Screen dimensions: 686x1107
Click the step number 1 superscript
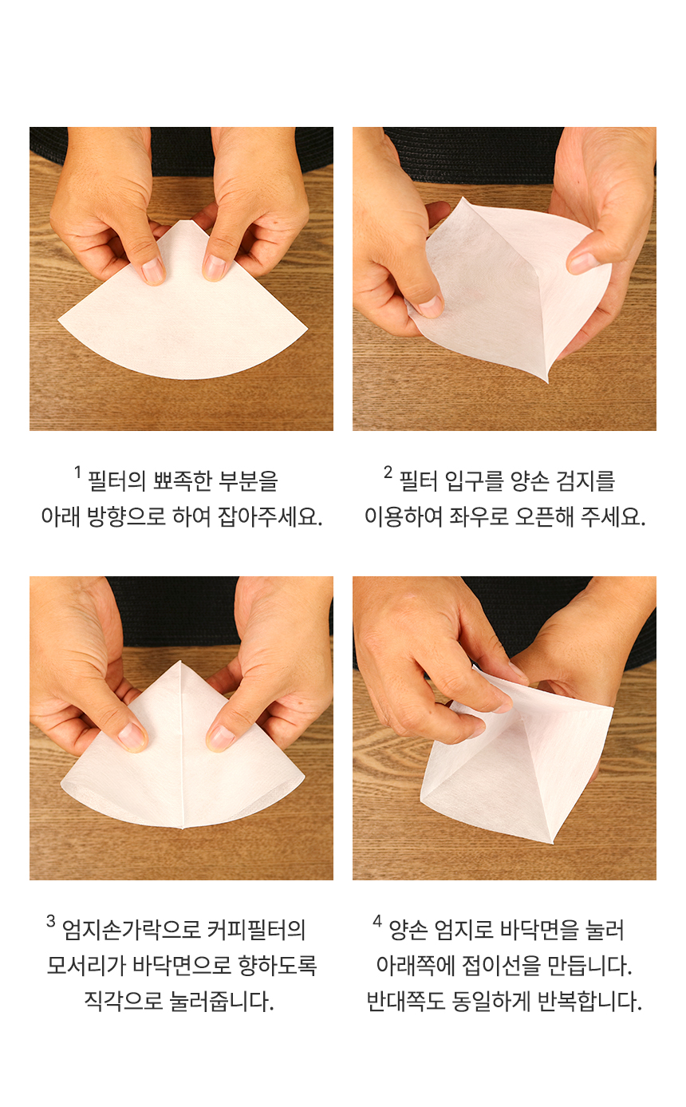coord(77,472)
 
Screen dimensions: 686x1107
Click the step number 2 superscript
coord(388,472)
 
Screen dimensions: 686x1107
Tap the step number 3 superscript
coord(51,921)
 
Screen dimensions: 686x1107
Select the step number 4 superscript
coord(377,921)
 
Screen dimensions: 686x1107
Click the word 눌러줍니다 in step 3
coord(221,1002)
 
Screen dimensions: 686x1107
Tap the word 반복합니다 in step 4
coord(589,1002)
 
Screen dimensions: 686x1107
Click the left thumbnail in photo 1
coord(152,271)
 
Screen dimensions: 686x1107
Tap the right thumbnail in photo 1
coord(215,268)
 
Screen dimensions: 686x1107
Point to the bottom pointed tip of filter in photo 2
coord(547,381)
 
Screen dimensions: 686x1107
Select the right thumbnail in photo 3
coord(221,737)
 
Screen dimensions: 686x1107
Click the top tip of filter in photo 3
coord(180,661)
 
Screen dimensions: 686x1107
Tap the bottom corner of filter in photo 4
coord(552,842)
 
